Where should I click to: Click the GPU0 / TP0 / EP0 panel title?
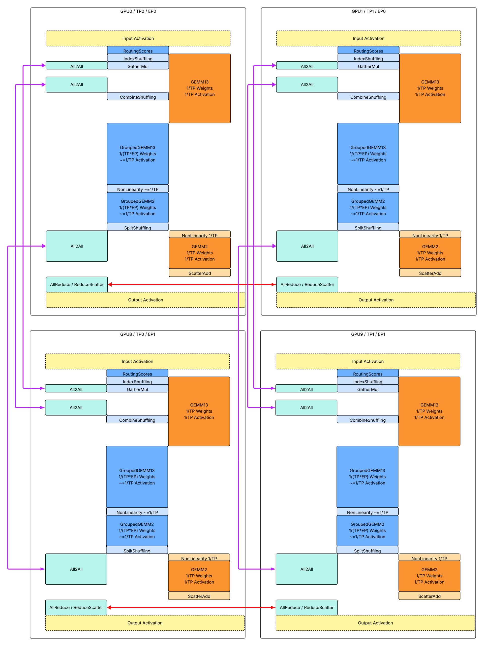click(x=138, y=11)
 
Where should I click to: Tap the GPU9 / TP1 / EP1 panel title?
click(x=368, y=334)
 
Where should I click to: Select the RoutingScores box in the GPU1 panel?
click(x=368, y=50)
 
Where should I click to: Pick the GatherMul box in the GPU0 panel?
click(x=138, y=66)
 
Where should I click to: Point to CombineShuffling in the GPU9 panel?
click(x=368, y=420)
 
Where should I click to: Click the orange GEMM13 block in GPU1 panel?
click(x=430, y=88)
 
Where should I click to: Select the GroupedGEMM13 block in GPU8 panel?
click(x=137, y=477)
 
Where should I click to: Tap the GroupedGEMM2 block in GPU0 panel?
click(x=137, y=207)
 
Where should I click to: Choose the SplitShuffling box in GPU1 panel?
click(x=368, y=228)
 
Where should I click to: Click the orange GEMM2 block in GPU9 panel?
click(x=429, y=576)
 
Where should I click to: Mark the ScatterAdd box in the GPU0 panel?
click(x=200, y=273)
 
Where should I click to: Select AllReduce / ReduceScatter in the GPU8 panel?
click(x=76, y=607)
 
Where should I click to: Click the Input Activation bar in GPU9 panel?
click(x=368, y=361)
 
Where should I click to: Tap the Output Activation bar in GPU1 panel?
click(x=376, y=300)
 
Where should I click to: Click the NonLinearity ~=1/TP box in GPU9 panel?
click(x=367, y=512)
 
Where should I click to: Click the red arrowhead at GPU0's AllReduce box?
click(x=110, y=284)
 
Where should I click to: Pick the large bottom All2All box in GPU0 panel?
click(x=77, y=246)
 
